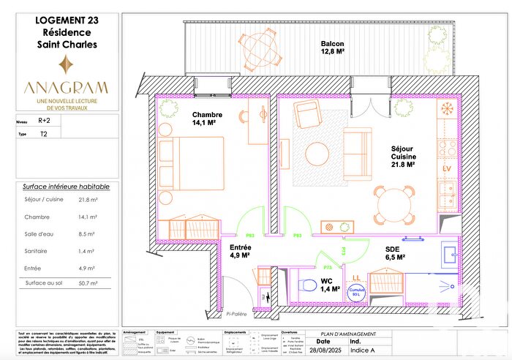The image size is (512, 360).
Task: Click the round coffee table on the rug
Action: (317, 154)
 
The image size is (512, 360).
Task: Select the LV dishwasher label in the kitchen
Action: (448, 170)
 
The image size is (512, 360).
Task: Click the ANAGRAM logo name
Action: (67, 87)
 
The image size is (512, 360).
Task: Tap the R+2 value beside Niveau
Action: (45, 124)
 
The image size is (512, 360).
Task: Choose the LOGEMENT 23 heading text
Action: (66, 20)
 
